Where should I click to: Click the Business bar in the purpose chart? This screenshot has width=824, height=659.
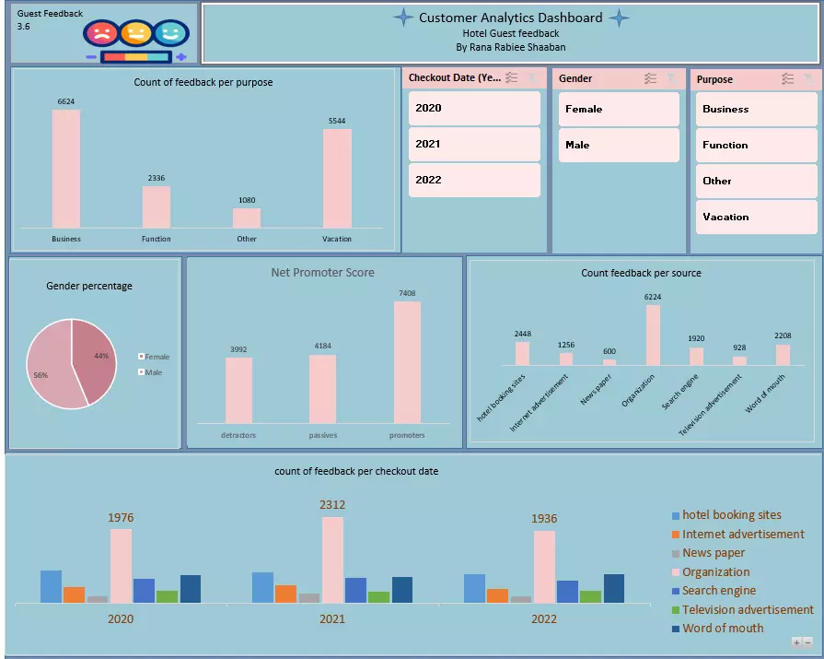pos(66,169)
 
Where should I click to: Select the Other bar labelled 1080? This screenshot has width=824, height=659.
pos(247,218)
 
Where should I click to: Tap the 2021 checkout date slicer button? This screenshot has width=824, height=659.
pos(474,144)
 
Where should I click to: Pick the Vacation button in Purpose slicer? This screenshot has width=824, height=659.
pos(756,217)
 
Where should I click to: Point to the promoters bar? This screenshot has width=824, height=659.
pos(407,362)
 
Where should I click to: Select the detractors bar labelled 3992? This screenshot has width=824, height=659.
pos(238,390)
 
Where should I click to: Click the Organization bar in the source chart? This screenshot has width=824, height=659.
pos(653,335)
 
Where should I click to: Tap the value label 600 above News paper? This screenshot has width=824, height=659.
pos(609,351)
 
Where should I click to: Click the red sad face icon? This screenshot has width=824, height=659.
pos(100,34)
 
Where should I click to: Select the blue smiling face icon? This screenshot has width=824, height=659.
pos(170,34)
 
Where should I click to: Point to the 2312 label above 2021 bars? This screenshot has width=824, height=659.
pos(332,505)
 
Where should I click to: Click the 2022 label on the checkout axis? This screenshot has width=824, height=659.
pos(544,618)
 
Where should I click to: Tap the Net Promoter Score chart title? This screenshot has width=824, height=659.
pos(322,272)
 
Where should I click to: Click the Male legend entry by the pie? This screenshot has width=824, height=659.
pos(153,372)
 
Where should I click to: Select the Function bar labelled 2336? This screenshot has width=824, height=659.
pos(157,207)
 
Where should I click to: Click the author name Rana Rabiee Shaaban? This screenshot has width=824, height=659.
pos(511,47)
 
